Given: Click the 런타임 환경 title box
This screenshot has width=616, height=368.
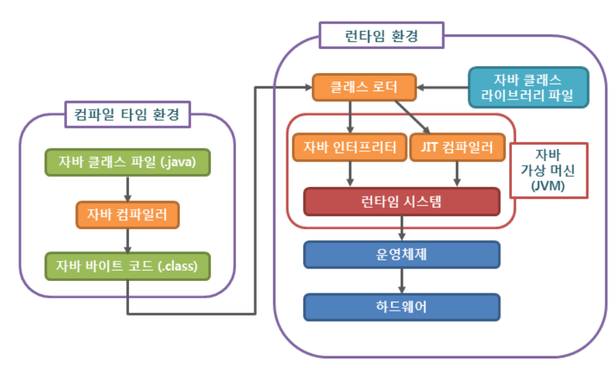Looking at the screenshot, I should coord(381,35).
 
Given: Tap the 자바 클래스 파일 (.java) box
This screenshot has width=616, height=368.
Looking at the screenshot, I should coord(128,162).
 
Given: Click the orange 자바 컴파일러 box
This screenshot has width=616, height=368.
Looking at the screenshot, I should coord(128,214).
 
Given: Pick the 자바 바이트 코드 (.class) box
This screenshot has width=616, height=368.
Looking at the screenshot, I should coord(128,266).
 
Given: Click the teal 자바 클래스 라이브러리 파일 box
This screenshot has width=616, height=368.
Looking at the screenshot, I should coord(528,87).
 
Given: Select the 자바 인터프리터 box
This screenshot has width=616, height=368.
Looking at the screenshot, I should coord(349,146).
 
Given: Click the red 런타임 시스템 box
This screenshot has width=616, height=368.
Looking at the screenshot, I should coord(401,202).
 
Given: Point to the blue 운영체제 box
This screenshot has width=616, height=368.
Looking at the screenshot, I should coord(401,253).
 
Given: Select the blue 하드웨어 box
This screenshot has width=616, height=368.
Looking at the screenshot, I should coord(401,307).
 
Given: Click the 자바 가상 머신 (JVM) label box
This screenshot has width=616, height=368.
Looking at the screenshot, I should coord(549,170).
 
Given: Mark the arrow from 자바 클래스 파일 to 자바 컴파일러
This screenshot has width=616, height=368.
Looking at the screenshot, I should coord(128,188).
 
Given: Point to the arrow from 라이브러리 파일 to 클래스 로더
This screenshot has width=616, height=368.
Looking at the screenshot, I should coord(442,87).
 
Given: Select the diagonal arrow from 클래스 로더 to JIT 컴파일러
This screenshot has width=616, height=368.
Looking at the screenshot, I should coord(413,117).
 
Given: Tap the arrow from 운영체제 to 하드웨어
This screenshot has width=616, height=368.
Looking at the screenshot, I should coord(401,280).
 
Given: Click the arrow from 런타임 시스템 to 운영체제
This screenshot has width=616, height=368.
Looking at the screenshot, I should coord(401,228).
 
